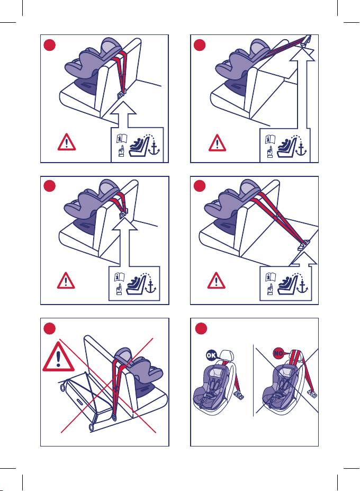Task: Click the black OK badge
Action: (x=211, y=355)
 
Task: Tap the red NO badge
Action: (x=278, y=353)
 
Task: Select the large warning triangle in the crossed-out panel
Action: (x=59, y=357)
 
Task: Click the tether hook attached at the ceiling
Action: (x=307, y=41)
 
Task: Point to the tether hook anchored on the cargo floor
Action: (x=303, y=244)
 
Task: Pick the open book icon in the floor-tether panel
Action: (x=271, y=277)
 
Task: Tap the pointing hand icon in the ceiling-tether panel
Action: (x=269, y=151)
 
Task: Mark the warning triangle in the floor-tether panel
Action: (x=217, y=280)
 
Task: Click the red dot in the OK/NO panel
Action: (x=201, y=329)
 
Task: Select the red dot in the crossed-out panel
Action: (x=50, y=329)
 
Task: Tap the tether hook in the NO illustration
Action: (x=313, y=394)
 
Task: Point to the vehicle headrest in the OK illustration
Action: (x=227, y=355)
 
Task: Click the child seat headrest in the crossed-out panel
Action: (x=123, y=354)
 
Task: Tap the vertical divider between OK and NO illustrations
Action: (x=253, y=380)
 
